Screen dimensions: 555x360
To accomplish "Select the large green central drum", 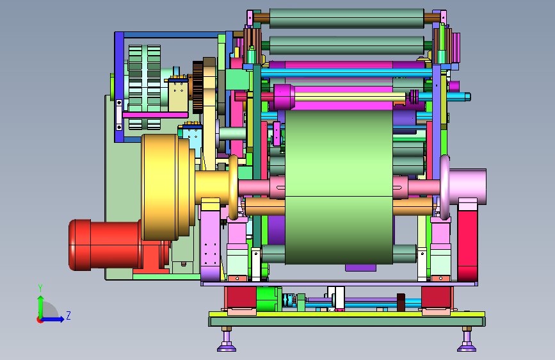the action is (x=339, y=187).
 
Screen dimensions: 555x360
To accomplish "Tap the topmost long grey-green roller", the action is (x=346, y=19).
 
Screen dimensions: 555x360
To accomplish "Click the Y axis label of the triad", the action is (x=40, y=288).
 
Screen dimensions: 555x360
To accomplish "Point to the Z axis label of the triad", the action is (x=68, y=315).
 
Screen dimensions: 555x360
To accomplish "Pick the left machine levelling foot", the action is (x=227, y=340).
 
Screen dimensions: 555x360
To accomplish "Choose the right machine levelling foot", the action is (x=467, y=340).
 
